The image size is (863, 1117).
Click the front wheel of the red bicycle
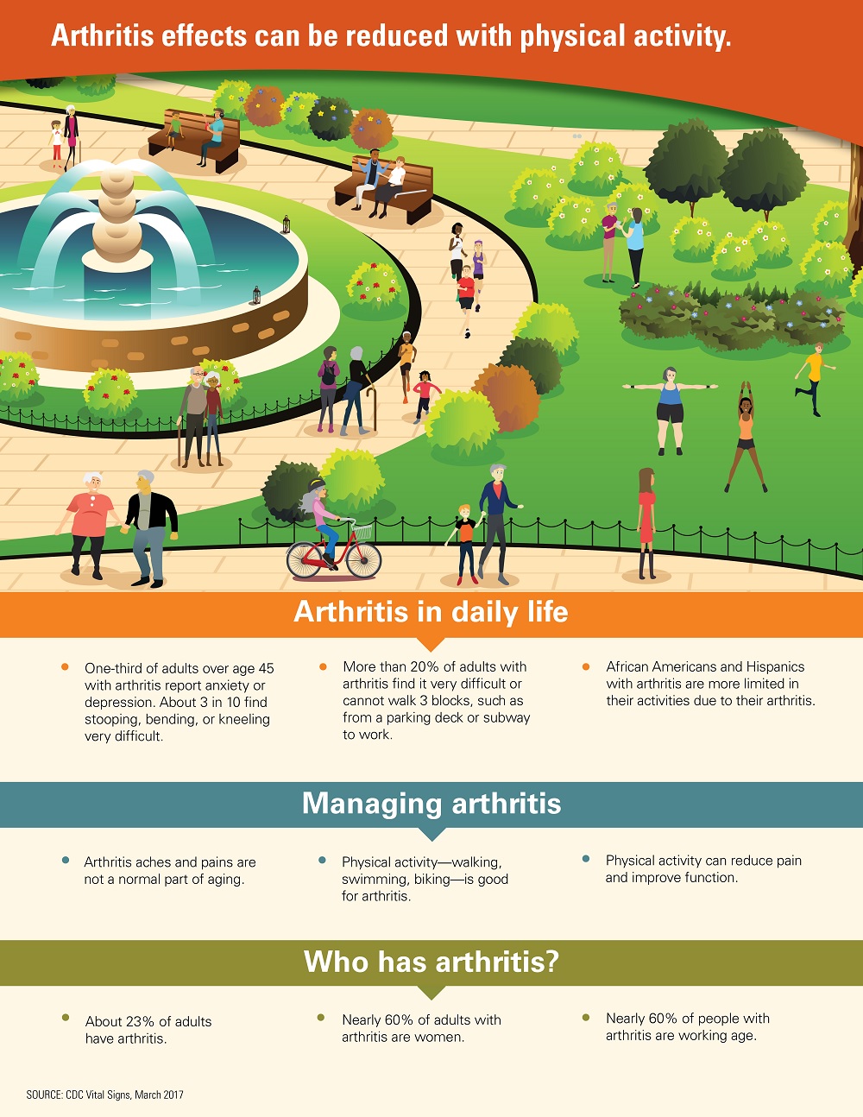(x=363, y=559)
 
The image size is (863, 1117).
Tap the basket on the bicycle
(x=362, y=531)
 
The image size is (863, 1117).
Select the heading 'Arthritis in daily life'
(x=431, y=612)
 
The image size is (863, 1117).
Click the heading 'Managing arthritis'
(x=431, y=803)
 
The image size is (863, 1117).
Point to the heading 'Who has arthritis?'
(x=431, y=961)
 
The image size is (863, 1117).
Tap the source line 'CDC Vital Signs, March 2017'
(x=124, y=1095)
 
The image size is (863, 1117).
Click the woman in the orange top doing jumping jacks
(x=746, y=437)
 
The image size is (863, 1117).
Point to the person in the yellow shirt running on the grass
(x=815, y=378)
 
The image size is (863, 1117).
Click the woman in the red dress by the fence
(x=646, y=523)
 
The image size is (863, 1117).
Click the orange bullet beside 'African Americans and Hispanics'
(x=586, y=667)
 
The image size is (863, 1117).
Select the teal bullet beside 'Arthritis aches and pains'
(x=66, y=860)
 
